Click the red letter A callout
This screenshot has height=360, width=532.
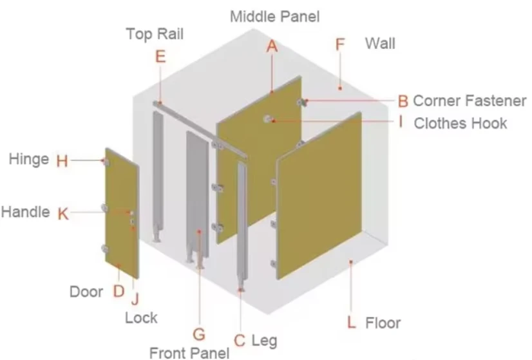click(272, 46)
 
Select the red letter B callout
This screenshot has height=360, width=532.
click(403, 101)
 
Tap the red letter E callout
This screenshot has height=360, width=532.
click(160, 56)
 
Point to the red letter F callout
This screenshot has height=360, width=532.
click(340, 44)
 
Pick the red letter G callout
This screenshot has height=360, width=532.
click(199, 334)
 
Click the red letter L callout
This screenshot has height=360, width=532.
click(352, 322)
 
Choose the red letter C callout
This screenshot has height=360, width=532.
click(240, 341)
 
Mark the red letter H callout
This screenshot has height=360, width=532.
click(62, 161)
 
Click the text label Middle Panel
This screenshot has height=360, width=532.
click(275, 17)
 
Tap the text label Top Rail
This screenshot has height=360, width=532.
click(155, 34)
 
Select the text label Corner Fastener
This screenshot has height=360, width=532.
click(470, 100)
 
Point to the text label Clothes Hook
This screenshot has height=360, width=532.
click(461, 123)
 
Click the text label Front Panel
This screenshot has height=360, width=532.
click(189, 353)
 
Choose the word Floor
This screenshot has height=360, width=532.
click(383, 323)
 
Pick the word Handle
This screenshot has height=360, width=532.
click(26, 212)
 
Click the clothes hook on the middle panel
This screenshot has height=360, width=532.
click(268, 118)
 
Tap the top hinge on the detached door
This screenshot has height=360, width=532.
click(106, 162)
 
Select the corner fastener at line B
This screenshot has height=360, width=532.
click(301, 102)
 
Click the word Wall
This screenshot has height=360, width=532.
click(380, 44)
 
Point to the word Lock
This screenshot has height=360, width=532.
click(141, 318)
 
